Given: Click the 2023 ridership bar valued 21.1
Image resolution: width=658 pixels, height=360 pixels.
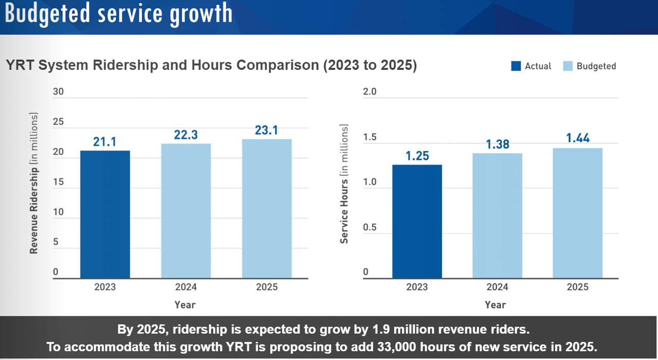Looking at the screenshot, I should click(x=105, y=214).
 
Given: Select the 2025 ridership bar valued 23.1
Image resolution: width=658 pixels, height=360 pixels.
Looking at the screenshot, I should click(x=266, y=209).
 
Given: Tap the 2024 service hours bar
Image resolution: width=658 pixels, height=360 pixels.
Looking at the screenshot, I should click(x=497, y=216).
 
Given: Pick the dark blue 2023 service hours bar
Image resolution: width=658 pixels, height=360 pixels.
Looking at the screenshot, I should click(x=417, y=222).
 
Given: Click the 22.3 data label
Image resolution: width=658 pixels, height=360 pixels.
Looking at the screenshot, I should click(x=186, y=135).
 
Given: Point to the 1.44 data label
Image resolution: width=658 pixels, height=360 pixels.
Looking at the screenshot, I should click(x=577, y=138).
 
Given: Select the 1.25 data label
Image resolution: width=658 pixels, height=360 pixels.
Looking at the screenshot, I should click(x=417, y=155).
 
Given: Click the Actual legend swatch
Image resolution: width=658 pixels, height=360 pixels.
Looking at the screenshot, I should click(x=516, y=66).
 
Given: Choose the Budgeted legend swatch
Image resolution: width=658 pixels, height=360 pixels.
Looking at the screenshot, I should click(x=568, y=66).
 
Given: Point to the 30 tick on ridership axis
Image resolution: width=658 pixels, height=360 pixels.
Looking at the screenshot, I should click(x=58, y=92).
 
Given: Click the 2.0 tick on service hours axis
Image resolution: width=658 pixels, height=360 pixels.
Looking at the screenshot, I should click(x=370, y=92).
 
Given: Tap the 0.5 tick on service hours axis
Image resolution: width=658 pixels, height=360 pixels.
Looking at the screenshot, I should click(x=370, y=227).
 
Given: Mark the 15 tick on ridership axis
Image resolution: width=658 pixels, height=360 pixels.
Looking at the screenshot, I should click(x=58, y=182).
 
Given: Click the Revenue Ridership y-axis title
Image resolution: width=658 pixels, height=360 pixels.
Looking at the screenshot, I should click(x=34, y=183).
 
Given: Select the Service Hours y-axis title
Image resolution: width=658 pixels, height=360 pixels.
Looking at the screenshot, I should click(x=344, y=184).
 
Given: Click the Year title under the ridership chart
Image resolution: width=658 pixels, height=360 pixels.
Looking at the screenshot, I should click(x=185, y=304).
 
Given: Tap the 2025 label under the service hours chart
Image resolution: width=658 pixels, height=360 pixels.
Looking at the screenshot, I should click(x=577, y=287).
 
